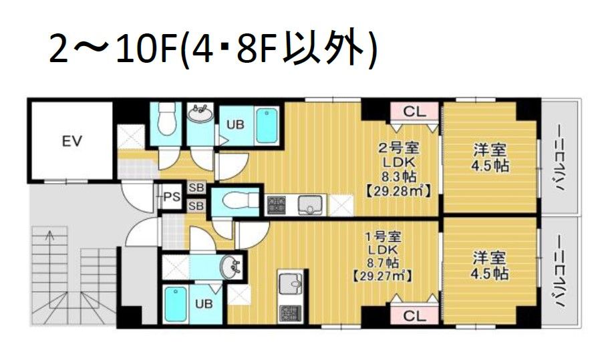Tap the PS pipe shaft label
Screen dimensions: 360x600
[x=172, y=196]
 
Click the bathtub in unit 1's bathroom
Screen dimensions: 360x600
[x=175, y=304]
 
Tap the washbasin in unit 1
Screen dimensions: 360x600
[x=233, y=268]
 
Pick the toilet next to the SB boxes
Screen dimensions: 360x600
[x=231, y=201]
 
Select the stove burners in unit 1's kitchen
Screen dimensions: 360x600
[x=291, y=313]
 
